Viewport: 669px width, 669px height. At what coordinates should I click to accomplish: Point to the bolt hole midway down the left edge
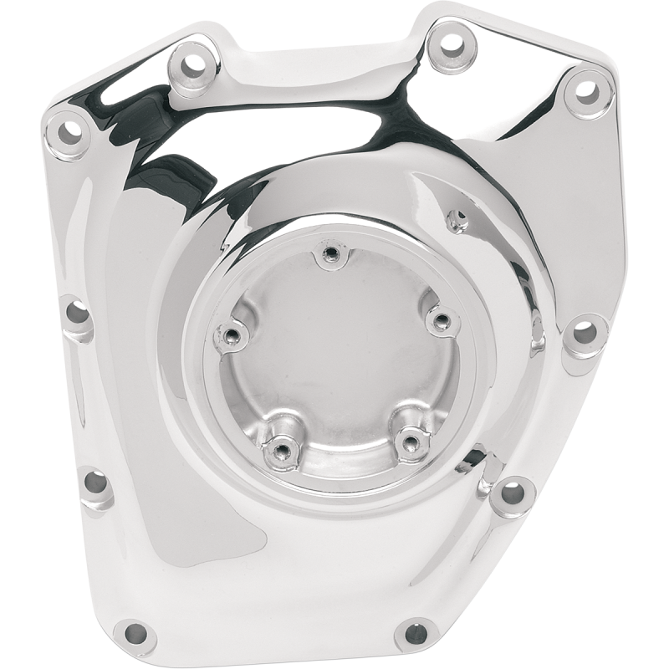coord(76,313)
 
